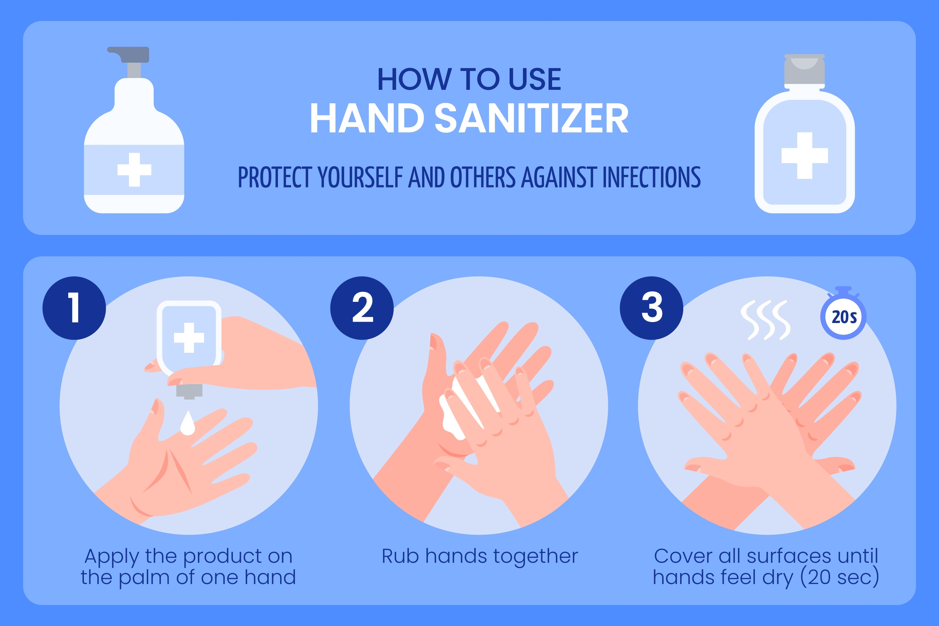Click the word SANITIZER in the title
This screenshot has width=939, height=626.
pos(531,118)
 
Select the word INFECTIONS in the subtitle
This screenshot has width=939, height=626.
pos(652,178)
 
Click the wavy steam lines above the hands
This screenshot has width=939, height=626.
pos(765,320)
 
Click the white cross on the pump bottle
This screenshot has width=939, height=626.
pos(134,170)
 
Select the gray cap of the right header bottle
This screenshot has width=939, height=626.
pos(804,69)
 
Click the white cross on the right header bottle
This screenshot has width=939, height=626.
pos(805,155)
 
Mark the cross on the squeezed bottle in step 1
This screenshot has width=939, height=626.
pos(189,338)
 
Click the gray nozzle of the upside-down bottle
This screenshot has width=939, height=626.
pos(189,391)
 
